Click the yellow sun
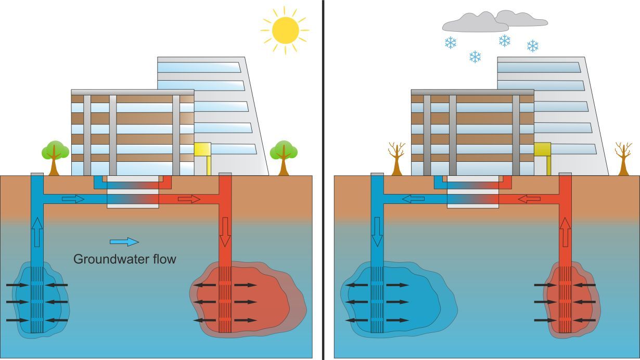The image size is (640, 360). click(x=285, y=30)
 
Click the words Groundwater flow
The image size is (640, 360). click(x=125, y=259)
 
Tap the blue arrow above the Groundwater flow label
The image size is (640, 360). click(x=124, y=241)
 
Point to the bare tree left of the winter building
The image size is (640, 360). click(x=396, y=158)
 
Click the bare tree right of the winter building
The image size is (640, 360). click(x=623, y=158)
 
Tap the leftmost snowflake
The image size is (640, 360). click(x=451, y=43)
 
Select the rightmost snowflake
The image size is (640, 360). click(x=532, y=46)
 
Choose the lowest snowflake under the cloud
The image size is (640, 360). click(x=475, y=57)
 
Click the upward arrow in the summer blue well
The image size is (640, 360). click(x=37, y=232)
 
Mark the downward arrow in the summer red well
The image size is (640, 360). click(x=225, y=232)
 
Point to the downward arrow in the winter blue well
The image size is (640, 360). click(x=377, y=232)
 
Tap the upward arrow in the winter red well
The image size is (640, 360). click(x=565, y=232)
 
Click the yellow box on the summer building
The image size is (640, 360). click(x=202, y=149)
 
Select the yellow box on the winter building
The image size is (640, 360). click(x=542, y=149)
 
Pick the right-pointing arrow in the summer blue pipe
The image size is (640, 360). click(x=73, y=199)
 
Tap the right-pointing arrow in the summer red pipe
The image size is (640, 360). click(x=189, y=199)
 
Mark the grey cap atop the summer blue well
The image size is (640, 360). click(x=37, y=174)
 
